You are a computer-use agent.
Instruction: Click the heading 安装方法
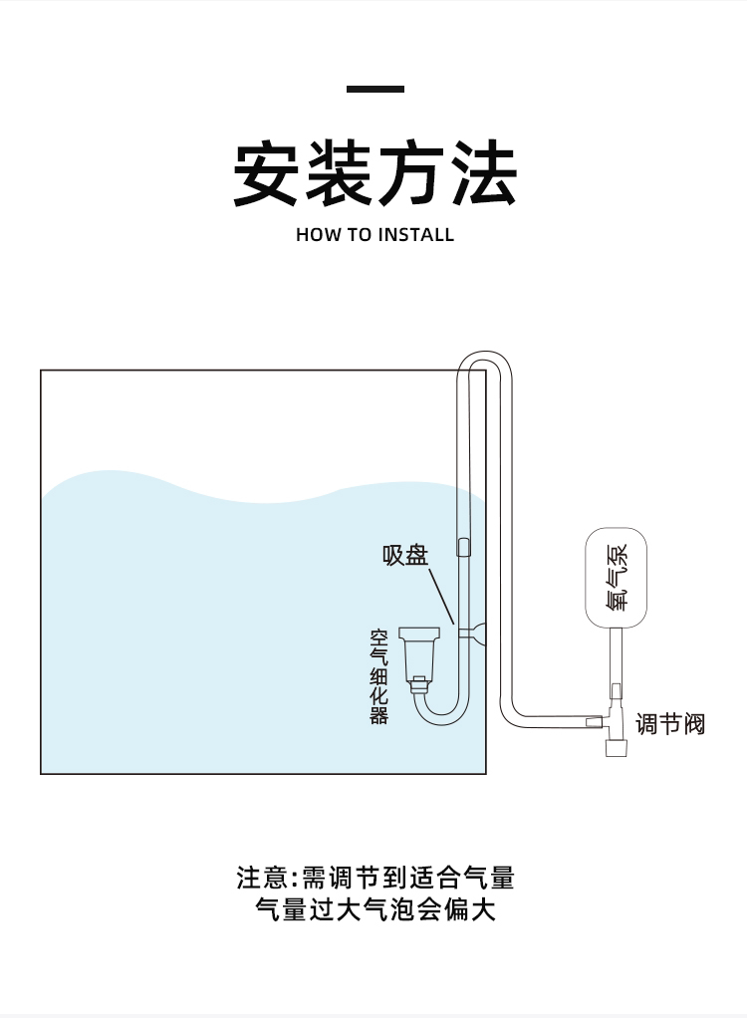374,174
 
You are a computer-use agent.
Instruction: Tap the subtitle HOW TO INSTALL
374,235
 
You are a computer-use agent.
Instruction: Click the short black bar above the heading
374,90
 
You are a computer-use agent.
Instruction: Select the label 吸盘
405,555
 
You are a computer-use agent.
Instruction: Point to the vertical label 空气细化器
379,675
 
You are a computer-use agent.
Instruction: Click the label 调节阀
669,724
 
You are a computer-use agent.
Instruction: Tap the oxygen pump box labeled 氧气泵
616,578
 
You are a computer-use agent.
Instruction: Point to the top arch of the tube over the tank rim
484,356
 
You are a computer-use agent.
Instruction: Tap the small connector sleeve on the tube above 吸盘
463,547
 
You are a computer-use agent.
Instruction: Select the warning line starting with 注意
374,878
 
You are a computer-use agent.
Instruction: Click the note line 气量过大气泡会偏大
374,909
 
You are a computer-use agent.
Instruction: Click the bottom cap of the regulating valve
616,746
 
